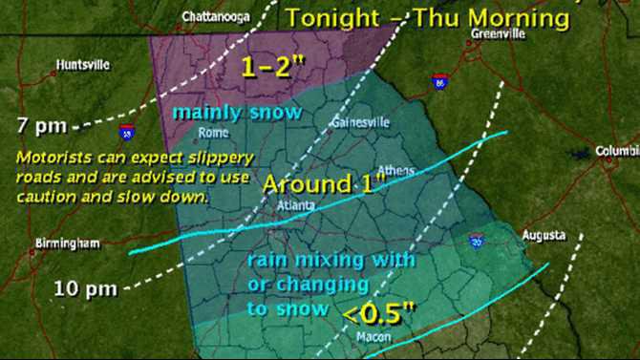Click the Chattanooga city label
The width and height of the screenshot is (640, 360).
point(211,15)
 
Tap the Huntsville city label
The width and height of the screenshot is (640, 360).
point(83,65)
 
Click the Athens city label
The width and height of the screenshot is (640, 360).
point(397,171)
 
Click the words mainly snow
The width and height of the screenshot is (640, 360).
point(237,113)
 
